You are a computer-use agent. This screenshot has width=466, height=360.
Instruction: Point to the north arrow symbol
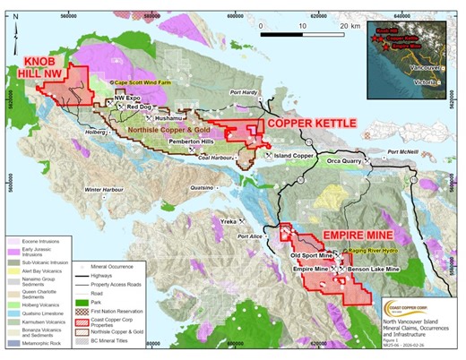click(x=19, y=32)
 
